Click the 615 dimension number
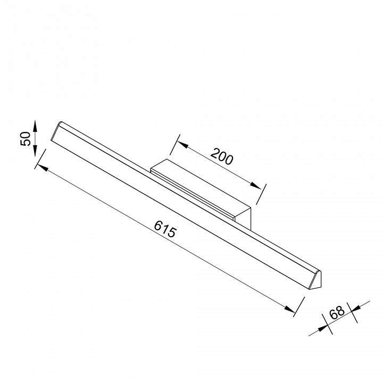click(165, 229)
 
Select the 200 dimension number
click(222, 156)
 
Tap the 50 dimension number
click(26, 139)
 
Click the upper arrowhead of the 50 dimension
click(35, 126)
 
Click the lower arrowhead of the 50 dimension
click(35, 151)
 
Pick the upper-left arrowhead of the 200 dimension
click(182, 145)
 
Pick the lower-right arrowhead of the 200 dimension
click(255, 186)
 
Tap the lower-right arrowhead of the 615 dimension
click(290, 309)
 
